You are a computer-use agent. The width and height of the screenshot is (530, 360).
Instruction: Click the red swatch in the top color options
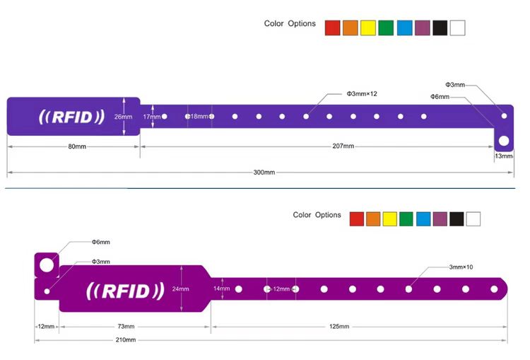click(332, 28)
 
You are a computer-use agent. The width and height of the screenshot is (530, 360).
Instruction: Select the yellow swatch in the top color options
click(367, 28)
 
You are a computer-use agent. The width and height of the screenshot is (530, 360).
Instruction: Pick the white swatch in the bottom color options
click(473, 219)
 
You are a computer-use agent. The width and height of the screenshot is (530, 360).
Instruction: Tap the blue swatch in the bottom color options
click(423, 219)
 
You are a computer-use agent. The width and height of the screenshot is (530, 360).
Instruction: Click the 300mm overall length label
click(264, 173)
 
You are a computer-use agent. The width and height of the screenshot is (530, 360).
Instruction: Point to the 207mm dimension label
click(343, 146)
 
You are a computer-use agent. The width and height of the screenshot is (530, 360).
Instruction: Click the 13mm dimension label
click(503, 156)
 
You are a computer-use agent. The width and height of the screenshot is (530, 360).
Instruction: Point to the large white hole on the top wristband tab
click(503, 141)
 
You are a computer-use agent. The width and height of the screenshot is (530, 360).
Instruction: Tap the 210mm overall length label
click(126, 340)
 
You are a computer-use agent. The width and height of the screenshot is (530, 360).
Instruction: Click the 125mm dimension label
click(340, 326)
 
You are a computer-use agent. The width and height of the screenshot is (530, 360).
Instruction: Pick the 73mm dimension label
click(125, 326)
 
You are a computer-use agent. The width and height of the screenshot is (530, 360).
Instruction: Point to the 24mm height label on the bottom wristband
click(180, 289)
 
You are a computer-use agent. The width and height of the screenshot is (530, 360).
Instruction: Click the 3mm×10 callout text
click(461, 267)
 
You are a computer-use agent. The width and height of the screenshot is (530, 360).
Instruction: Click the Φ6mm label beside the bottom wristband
click(100, 242)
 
